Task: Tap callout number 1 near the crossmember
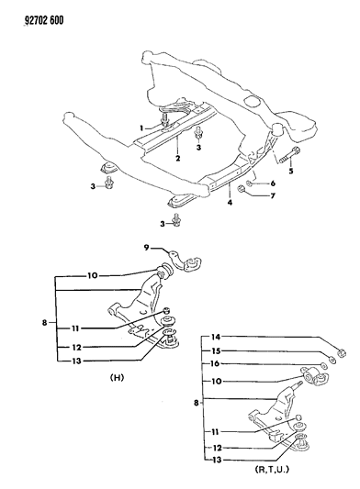(142, 126)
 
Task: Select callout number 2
(177, 159)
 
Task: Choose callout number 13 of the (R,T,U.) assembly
(218, 461)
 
